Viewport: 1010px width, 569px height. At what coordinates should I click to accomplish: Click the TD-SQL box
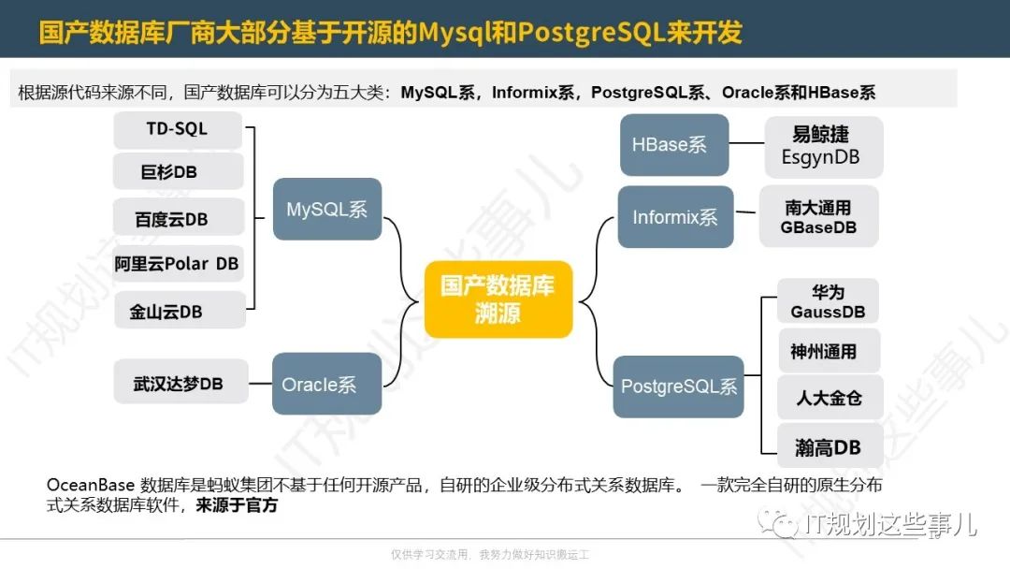coord(178,129)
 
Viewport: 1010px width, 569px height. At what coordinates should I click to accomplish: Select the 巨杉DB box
coord(179,171)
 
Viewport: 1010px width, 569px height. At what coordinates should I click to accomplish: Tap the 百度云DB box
coord(179,217)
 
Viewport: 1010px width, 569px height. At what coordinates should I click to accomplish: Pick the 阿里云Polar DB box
coord(178,263)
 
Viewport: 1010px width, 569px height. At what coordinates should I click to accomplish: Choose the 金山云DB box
coord(180,310)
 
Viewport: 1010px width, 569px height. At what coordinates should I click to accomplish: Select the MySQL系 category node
coord(327,210)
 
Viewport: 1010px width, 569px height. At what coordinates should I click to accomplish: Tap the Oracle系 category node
coord(326,384)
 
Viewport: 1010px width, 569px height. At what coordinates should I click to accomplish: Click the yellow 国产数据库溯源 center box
coord(498,299)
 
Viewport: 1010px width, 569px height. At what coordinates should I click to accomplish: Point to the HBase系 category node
coord(674,145)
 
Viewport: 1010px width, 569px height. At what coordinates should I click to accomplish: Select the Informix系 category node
coord(676,217)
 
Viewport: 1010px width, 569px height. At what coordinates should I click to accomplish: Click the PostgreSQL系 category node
coord(678,387)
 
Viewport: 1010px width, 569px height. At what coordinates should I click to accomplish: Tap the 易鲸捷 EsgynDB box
coord(824,147)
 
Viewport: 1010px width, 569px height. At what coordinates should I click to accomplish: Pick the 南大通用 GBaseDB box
coord(818,216)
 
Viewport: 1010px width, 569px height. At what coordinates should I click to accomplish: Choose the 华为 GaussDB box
coord(829,301)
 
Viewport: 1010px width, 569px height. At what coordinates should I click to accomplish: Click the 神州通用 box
coord(829,351)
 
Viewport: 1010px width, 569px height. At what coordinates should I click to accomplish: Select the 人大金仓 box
coord(830,398)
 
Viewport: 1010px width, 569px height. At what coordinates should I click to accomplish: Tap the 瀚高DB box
coord(830,445)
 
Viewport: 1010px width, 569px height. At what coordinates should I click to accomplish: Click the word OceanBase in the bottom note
coord(91,485)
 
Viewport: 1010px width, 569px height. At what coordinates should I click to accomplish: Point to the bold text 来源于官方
coord(237,504)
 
